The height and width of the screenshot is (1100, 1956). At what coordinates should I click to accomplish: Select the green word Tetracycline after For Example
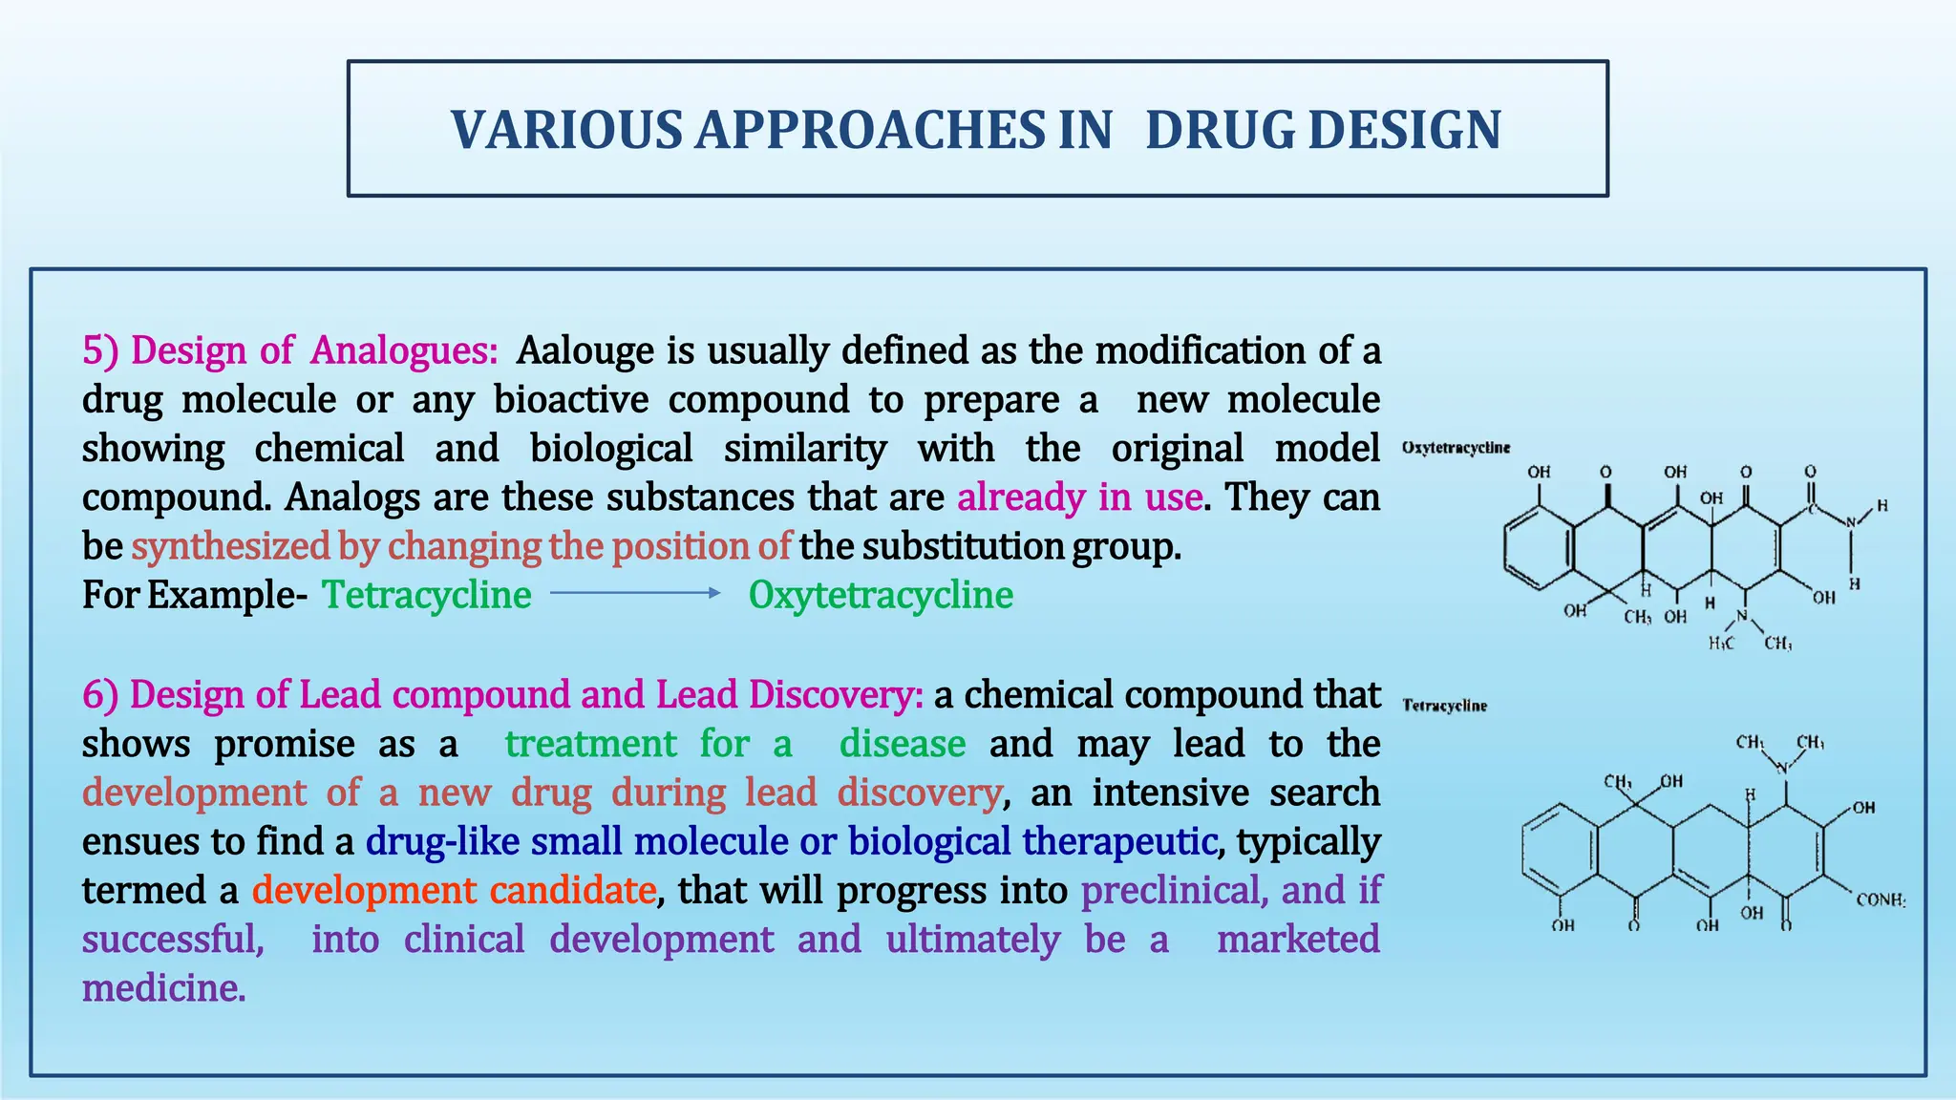(x=426, y=595)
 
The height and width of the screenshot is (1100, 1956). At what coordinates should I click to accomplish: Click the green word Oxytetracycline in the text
(x=881, y=595)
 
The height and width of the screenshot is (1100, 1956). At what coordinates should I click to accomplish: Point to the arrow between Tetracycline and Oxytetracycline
(x=636, y=593)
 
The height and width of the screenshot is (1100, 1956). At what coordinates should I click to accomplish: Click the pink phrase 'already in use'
(x=1079, y=497)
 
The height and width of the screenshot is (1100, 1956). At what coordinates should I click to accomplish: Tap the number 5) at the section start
(x=100, y=350)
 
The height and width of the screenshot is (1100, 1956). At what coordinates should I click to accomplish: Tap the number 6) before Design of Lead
(x=100, y=694)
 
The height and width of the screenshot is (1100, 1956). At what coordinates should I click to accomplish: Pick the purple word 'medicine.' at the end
(x=164, y=988)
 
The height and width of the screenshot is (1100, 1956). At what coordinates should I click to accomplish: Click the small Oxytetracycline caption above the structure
(x=1456, y=448)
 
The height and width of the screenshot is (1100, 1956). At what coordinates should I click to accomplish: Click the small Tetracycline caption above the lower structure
(x=1444, y=706)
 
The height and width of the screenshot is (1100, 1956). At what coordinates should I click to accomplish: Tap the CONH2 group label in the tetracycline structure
(x=1880, y=899)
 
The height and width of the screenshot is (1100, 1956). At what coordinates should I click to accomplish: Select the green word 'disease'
(x=903, y=744)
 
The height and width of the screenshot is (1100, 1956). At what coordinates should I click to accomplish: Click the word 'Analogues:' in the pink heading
(x=404, y=350)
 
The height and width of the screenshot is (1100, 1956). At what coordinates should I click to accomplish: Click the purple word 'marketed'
(x=1298, y=940)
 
